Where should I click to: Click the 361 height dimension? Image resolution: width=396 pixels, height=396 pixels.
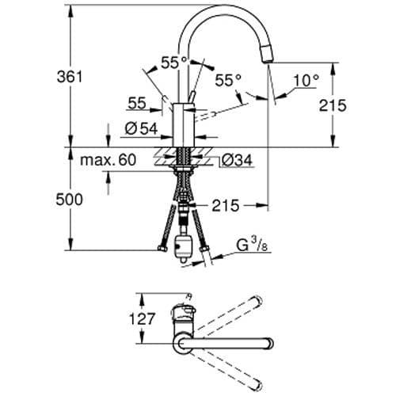[70, 77]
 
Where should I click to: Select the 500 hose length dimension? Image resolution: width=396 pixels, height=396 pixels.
[69, 200]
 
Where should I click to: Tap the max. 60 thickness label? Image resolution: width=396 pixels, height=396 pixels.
[108, 160]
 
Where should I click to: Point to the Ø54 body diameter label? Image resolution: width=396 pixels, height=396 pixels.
[141, 129]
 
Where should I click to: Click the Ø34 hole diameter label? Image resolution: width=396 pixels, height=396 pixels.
[237, 160]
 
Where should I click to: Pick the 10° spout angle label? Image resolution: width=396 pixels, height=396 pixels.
[307, 80]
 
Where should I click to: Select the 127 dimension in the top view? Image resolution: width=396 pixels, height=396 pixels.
[141, 318]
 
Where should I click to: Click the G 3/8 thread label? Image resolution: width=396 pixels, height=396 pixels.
[252, 246]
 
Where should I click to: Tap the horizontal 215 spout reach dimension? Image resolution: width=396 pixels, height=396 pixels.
[226, 205]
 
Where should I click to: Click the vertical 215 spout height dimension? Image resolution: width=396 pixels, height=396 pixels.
[333, 105]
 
